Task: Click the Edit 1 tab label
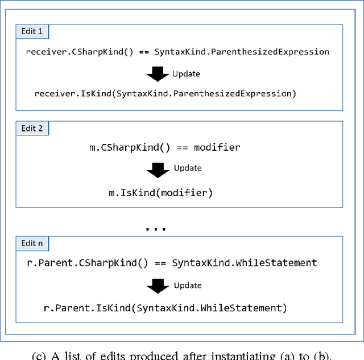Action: coord(32,32)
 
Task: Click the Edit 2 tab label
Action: coord(32,129)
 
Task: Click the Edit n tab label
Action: coord(32,243)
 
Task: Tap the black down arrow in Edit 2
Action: coord(158,169)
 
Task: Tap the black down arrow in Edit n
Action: coord(158,286)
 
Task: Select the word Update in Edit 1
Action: coord(187,74)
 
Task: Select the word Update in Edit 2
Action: coord(187,168)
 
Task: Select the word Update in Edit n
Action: coord(187,285)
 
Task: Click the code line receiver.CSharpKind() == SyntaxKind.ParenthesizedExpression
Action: coord(177,52)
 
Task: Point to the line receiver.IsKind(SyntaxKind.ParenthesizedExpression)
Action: coord(166,94)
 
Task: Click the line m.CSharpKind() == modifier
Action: coord(164,148)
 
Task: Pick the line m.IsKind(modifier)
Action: coord(161,193)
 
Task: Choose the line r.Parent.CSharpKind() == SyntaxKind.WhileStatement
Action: coord(172,263)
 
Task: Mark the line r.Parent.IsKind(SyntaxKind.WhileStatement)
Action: coord(166,308)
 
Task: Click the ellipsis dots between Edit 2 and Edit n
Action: coord(155,229)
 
